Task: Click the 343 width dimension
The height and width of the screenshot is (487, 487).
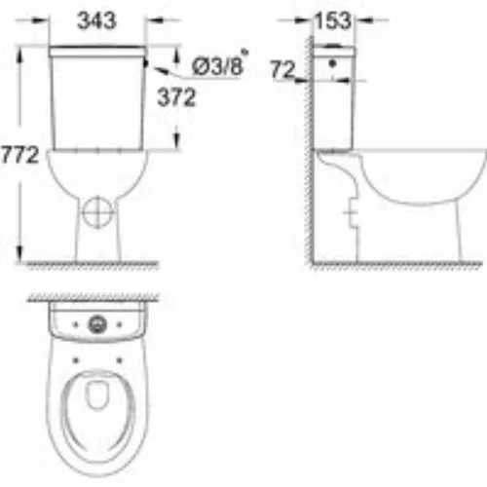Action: pos(96,21)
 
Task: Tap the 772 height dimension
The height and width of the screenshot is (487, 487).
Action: pos(19,155)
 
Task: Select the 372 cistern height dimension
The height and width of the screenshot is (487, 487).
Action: pos(176,97)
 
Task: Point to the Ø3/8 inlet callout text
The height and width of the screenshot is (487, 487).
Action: pos(217,66)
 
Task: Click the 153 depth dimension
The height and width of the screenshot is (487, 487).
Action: pos(333,20)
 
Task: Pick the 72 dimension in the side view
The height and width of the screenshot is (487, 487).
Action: pos(282,69)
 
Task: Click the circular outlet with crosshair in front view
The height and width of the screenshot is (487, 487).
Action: pos(97,212)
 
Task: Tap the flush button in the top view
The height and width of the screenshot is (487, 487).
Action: pos(97,324)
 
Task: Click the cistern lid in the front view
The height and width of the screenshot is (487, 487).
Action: pos(97,52)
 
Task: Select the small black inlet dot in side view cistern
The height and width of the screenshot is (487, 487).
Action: pos(332,63)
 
